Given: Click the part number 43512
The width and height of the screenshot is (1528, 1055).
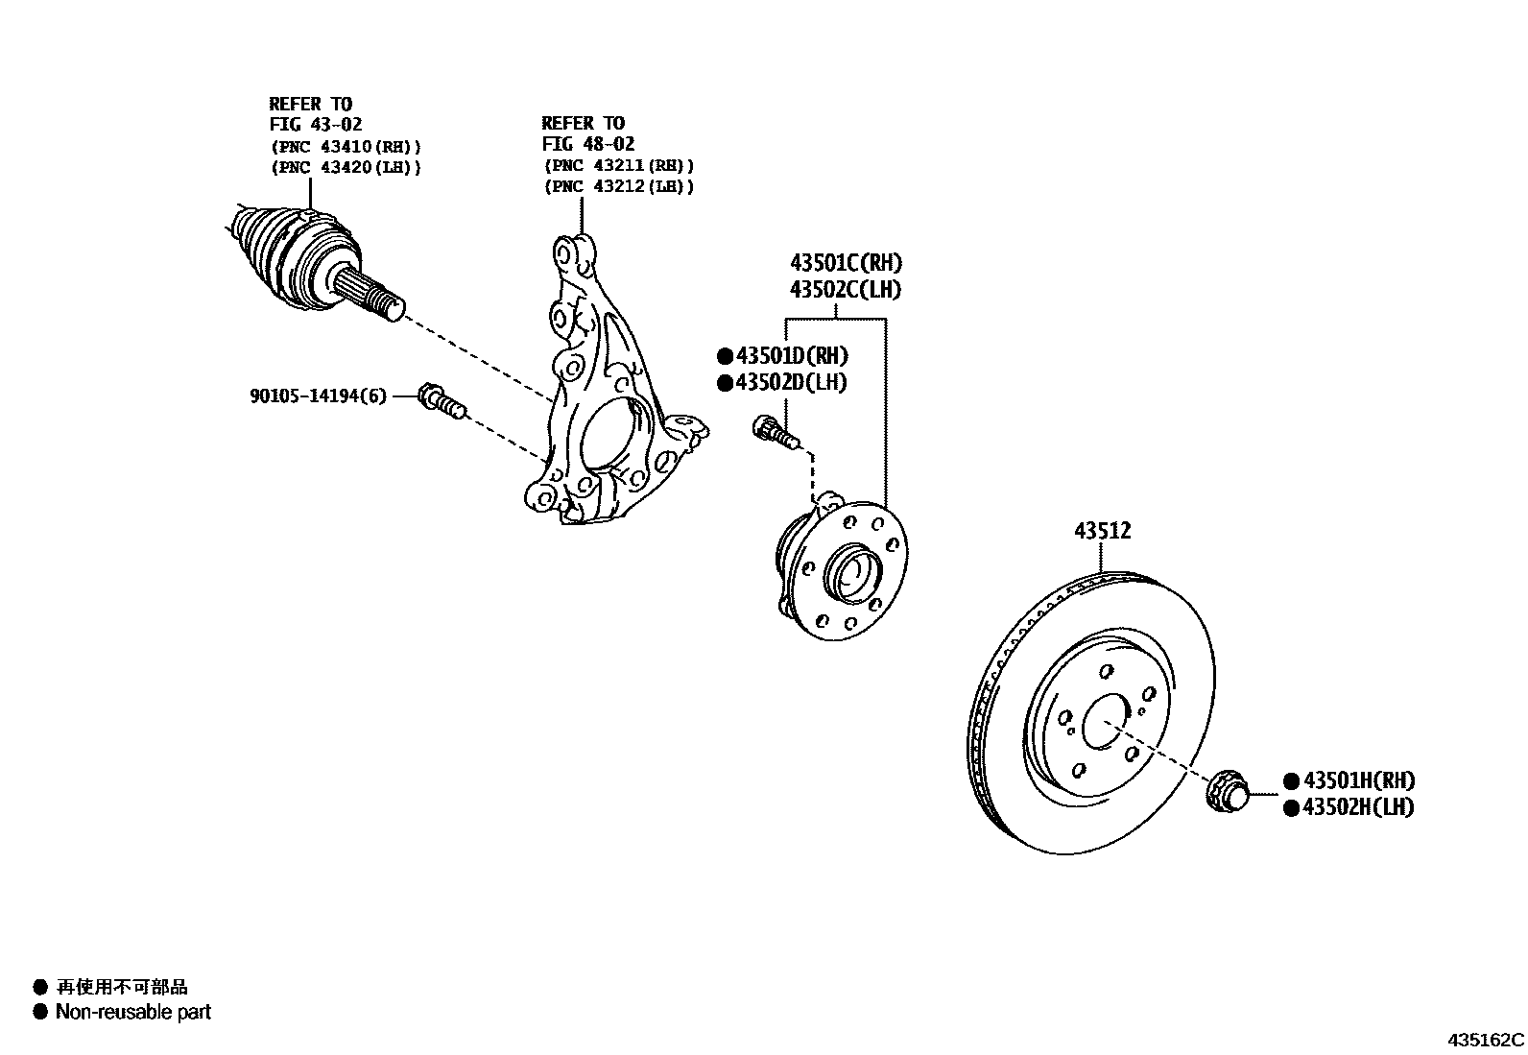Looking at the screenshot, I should pyautogui.click(x=1102, y=531).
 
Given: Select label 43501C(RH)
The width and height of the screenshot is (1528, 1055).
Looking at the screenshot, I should pyautogui.click(x=846, y=263).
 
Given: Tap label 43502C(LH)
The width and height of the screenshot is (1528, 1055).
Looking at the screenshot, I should pyautogui.click(x=846, y=289).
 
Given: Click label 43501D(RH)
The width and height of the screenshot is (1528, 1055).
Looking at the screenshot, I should pyautogui.click(x=792, y=356).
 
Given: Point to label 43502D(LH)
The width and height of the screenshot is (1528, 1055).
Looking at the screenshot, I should pyautogui.click(x=792, y=382).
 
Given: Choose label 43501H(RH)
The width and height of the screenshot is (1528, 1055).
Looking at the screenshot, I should pyautogui.click(x=1357, y=781).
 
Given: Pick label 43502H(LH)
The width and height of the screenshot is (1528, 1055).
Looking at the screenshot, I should pyautogui.click(x=1357, y=807).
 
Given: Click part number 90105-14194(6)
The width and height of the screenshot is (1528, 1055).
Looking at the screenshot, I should pyautogui.click(x=318, y=396).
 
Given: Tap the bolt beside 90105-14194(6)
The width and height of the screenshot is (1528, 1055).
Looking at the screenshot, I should pyautogui.click(x=441, y=400).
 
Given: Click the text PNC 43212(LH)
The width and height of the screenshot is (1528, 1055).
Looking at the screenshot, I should pyautogui.click(x=618, y=186).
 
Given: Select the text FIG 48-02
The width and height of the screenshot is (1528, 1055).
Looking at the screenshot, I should pyautogui.click(x=587, y=144).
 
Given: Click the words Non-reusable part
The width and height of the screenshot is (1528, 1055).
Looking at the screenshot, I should pyautogui.click(x=132, y=1011).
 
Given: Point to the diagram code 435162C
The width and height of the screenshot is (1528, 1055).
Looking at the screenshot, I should pyautogui.click(x=1486, y=1040).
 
